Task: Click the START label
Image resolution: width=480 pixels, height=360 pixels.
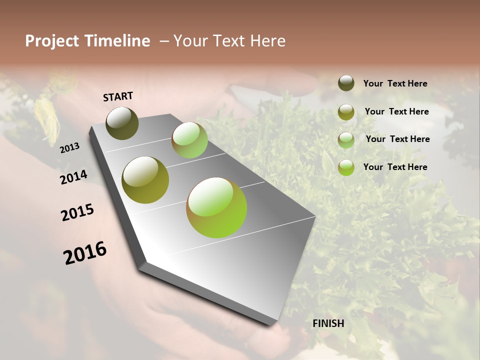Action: point(118,96)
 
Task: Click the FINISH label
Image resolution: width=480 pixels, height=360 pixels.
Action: point(328,323)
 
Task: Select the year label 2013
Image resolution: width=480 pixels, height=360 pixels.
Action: point(69,147)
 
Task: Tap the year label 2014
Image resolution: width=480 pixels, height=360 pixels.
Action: point(73,177)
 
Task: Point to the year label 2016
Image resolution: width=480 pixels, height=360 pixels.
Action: point(85,253)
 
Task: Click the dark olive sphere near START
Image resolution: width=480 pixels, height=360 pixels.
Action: point(122,123)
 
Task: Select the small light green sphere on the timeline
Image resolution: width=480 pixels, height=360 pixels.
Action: point(189,140)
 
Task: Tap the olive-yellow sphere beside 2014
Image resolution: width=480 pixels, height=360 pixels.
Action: point(145,180)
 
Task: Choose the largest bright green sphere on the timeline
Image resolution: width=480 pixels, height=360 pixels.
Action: point(216,207)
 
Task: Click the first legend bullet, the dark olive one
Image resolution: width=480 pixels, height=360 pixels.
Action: point(346,83)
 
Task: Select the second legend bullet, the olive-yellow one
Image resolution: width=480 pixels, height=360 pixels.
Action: point(346,112)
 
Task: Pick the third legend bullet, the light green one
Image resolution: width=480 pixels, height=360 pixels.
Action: point(346,140)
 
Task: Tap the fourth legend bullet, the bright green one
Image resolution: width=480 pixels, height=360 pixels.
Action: point(346,167)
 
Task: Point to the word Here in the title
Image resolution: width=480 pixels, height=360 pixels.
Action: point(267,41)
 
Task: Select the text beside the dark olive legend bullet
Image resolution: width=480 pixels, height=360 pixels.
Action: point(395,83)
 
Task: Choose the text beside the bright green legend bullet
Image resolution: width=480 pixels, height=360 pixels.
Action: point(395,167)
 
